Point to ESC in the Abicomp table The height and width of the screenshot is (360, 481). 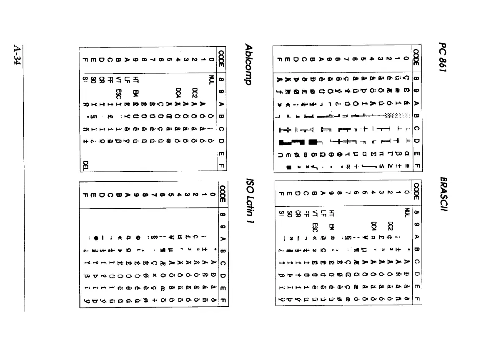point(118,91)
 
